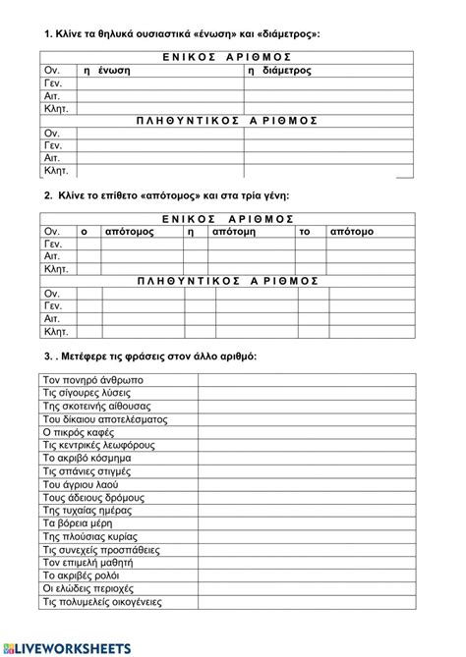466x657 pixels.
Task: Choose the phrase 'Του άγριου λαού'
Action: click(x=84, y=483)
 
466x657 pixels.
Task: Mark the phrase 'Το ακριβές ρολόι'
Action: click(x=86, y=575)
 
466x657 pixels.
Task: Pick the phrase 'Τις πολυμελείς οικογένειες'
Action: click(x=102, y=601)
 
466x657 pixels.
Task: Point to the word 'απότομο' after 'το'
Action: click(x=351, y=231)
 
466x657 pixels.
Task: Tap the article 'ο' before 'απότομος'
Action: click(x=84, y=231)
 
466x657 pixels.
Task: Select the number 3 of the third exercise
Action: click(x=46, y=355)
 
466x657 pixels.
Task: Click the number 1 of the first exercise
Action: click(x=46, y=34)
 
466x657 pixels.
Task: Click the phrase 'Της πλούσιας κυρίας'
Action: click(x=88, y=535)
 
